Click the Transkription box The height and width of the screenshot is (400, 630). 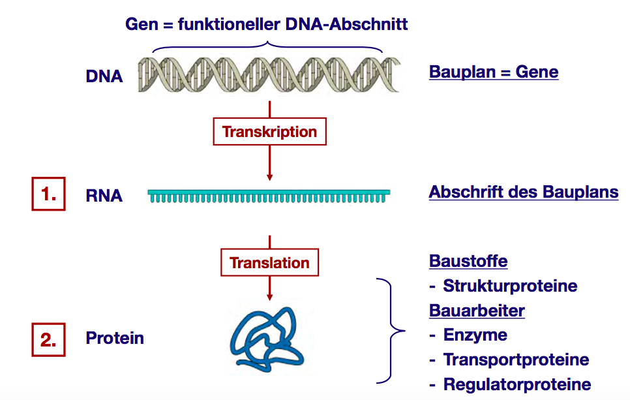pyautogui.click(x=269, y=132)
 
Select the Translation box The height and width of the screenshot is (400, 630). pyautogui.click(x=269, y=263)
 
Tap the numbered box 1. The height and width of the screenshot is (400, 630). pyautogui.click(x=49, y=195)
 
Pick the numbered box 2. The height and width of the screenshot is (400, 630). pyautogui.click(x=49, y=339)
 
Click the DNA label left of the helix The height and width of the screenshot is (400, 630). pyautogui.click(x=104, y=76)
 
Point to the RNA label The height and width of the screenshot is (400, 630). pyautogui.click(x=104, y=195)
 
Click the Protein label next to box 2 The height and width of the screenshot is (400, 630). pyautogui.click(x=115, y=338)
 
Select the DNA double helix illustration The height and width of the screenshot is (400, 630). pyautogui.click(x=269, y=74)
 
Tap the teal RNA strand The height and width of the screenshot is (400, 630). pyautogui.click(x=269, y=195)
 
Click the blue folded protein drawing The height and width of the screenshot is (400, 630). pyautogui.click(x=268, y=335)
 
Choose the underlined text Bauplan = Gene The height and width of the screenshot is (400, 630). pyautogui.click(x=494, y=71)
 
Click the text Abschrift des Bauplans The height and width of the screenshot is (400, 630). pyautogui.click(x=524, y=192)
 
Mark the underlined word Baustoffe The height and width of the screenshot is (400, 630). pyautogui.click(x=468, y=261)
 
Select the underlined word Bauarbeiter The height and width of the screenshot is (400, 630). pyautogui.click(x=477, y=311)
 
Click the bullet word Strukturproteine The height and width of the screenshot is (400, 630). pyautogui.click(x=510, y=286)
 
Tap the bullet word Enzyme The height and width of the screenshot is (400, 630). pyautogui.click(x=475, y=335)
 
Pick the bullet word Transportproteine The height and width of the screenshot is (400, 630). pyautogui.click(x=516, y=360)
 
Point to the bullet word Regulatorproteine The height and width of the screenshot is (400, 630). pyautogui.click(x=517, y=384)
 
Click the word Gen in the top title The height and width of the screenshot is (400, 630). pyautogui.click(x=142, y=25)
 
